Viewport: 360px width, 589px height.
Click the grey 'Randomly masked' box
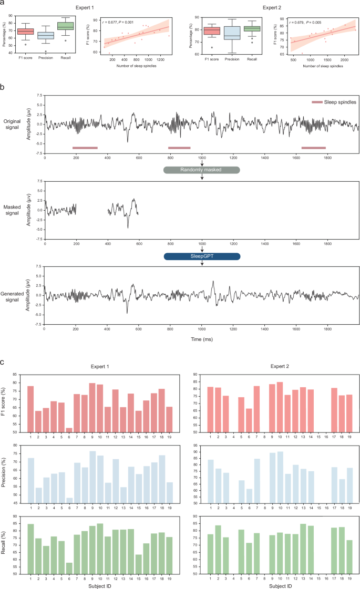click(x=202, y=170)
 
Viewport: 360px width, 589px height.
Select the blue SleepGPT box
click(x=202, y=256)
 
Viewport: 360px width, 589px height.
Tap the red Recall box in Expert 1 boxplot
click(x=66, y=25)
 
